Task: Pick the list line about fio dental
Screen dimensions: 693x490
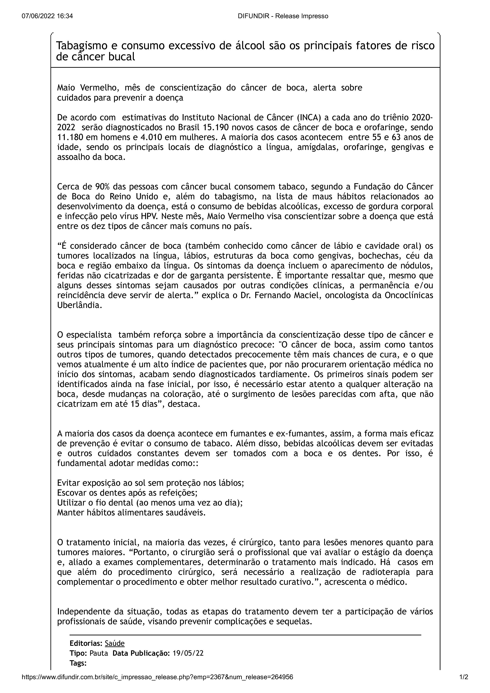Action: (150, 503)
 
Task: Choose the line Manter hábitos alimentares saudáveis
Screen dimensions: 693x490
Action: (131, 512)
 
